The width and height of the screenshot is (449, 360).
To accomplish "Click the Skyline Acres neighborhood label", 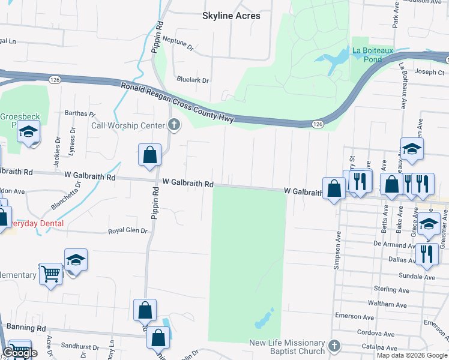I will pos(232,16).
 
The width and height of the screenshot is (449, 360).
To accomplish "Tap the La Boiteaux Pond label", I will pos(373,55).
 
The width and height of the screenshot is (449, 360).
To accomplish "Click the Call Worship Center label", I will pos(128,125).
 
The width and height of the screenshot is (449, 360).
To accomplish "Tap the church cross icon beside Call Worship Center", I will pos(174,125).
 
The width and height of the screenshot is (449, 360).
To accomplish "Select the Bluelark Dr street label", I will pos(193,80).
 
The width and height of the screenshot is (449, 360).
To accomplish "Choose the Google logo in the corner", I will pos(20,353).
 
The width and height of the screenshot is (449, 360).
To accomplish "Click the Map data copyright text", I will pos(412,355).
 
